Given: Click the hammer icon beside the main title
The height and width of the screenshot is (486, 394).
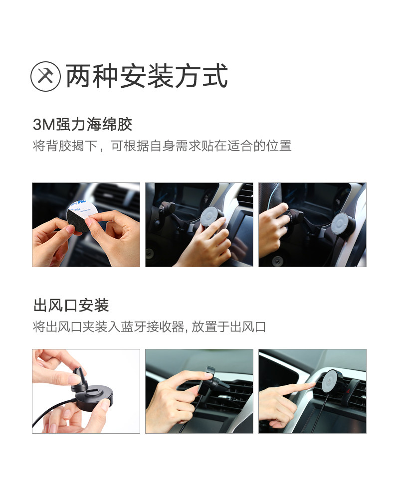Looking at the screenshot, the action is pos(45,76).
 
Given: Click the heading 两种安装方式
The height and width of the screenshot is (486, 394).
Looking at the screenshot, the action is pos(147,76).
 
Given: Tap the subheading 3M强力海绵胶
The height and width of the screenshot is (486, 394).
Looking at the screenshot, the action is pos(82,124).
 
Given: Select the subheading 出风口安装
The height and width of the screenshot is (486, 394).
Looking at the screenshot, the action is pos(71,305).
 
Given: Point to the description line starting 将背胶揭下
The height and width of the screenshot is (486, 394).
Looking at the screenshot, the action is pos(162,146).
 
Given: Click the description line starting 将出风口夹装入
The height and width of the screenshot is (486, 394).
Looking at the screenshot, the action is pos(149,326).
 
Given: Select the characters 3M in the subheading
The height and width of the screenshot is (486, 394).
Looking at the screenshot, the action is pos(44,125).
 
